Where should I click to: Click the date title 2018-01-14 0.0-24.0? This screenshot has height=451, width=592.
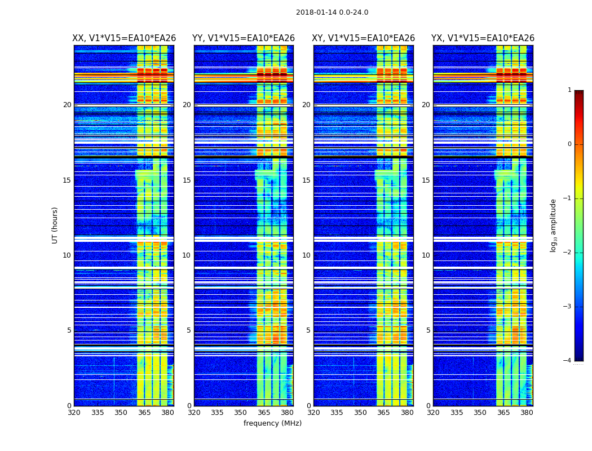click(x=332, y=12)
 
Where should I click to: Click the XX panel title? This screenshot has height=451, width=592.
click(x=124, y=38)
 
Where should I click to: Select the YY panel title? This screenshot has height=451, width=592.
click(x=244, y=38)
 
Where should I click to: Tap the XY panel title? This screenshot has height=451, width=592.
click(x=364, y=38)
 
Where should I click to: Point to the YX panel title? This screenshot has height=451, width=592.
click(x=483, y=38)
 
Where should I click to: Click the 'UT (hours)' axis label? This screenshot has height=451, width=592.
click(x=55, y=225)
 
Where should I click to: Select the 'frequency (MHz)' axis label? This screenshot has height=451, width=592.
click(x=272, y=423)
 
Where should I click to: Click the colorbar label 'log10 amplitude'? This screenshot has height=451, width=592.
click(x=554, y=225)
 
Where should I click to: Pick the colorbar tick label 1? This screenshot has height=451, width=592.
click(x=569, y=90)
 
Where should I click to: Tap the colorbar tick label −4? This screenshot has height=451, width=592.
click(x=567, y=361)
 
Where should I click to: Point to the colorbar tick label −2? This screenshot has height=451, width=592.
click(x=567, y=253)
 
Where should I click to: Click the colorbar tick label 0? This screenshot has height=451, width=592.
click(x=569, y=144)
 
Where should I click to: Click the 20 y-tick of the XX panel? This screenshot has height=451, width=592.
click(x=67, y=105)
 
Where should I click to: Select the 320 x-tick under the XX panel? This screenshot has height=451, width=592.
click(x=74, y=413)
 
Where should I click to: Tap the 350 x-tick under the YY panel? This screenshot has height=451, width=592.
click(x=241, y=413)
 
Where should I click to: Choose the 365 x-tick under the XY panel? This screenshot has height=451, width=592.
click(x=383, y=413)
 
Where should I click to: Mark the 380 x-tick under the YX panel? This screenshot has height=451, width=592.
click(x=527, y=413)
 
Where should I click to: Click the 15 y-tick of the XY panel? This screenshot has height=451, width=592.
click(x=306, y=180)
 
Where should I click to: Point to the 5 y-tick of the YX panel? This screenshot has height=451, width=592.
click(x=428, y=330)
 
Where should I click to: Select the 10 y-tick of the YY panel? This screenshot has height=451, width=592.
click(x=187, y=255)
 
